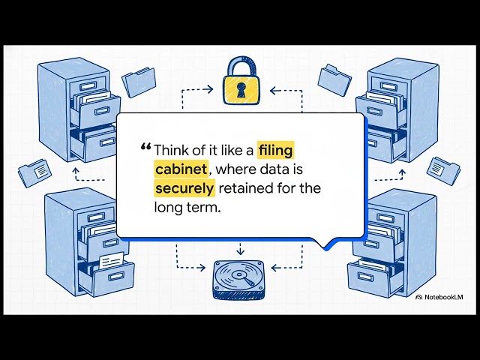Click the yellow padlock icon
pyautogui.click(x=240, y=85)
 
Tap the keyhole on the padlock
pyautogui.click(x=240, y=91)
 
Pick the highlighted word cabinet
pyautogui.click(x=180, y=168)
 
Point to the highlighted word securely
pyautogui.click(x=184, y=188)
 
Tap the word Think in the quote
pyautogui.click(x=172, y=148)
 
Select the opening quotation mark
pyautogui.click(x=145, y=147)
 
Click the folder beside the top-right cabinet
pyautogui.click(x=334, y=79)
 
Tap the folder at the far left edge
pyautogui.click(x=34, y=173)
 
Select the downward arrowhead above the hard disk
pyautogui.click(x=240, y=251)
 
